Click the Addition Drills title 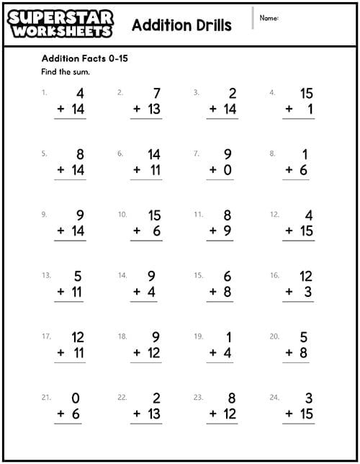[x=181, y=25]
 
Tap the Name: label [x=269, y=17]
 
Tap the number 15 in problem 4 [x=307, y=94]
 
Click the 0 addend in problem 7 [x=228, y=170]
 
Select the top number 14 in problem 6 [x=153, y=154]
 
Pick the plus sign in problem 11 [x=212, y=231]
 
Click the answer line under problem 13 [x=69, y=301]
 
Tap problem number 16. [x=274, y=275]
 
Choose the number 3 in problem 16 [x=307, y=292]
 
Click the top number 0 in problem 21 [x=76, y=398]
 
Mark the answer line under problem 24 [x=298, y=423]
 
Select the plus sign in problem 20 [x=289, y=353]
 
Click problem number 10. [x=122, y=214]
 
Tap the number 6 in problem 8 [x=305, y=170]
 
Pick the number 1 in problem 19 [x=228, y=337]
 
